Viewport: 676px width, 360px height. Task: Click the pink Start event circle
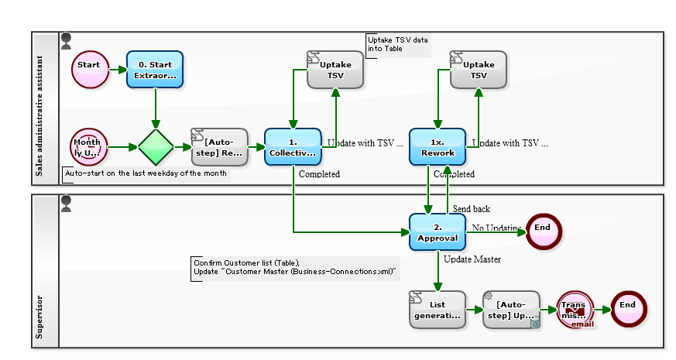click(89, 70)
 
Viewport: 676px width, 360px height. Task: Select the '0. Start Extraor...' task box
click(156, 70)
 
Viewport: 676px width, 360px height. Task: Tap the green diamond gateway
click(156, 147)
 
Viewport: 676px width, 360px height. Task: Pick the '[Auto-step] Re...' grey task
click(220, 147)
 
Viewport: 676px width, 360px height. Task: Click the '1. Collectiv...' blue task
click(293, 147)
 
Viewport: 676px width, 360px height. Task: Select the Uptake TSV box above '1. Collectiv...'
click(335, 70)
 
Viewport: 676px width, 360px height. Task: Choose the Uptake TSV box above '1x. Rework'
click(479, 70)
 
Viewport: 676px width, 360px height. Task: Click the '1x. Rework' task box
click(438, 147)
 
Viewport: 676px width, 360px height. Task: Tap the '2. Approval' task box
click(438, 231)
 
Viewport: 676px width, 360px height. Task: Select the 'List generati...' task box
click(438, 310)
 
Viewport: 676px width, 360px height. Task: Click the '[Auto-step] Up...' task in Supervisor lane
click(511, 310)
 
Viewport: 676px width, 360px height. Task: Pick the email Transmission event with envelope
click(575, 310)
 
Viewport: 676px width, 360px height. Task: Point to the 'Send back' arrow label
click(472, 209)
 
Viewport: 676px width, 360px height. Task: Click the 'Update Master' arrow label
click(472, 259)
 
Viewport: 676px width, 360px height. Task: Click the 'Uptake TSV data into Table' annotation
click(398, 44)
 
